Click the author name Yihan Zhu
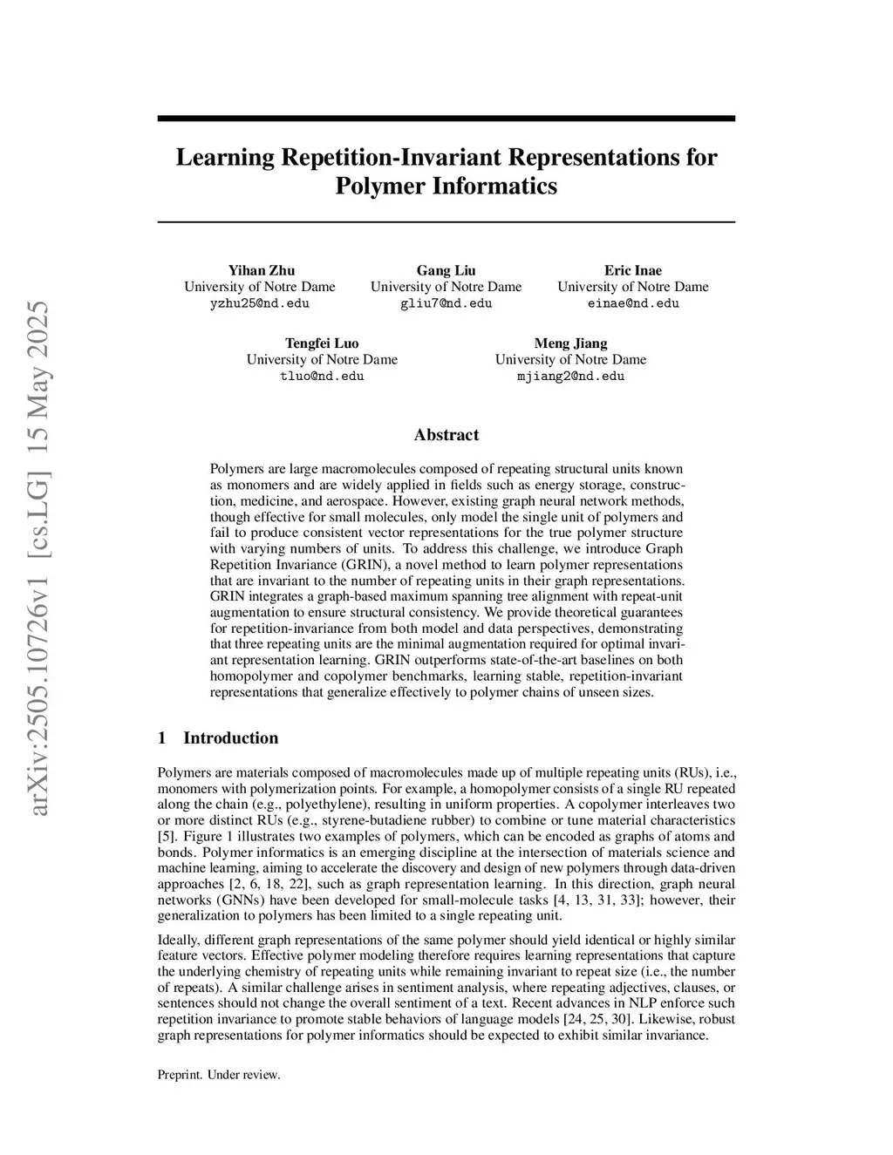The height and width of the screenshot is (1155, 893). (x=261, y=270)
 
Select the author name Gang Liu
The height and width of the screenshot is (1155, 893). (x=446, y=270)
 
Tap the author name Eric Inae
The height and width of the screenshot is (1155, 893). (x=633, y=270)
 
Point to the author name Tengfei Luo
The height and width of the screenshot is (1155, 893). (x=322, y=343)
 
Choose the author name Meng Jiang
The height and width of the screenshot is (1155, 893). (x=570, y=343)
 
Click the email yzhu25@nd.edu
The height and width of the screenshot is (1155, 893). (x=260, y=303)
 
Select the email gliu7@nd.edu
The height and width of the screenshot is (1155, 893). (x=446, y=303)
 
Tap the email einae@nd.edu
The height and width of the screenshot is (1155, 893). (x=633, y=303)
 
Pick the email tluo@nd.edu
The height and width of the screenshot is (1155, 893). (x=322, y=376)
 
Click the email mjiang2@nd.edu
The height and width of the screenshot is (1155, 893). (x=570, y=376)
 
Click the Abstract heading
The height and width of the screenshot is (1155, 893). (x=446, y=435)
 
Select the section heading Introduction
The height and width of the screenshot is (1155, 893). (x=230, y=738)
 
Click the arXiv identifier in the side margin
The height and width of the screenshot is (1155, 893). (x=39, y=558)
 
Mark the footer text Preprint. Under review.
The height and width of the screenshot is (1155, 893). (x=219, y=1075)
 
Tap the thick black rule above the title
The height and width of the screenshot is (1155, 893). (x=446, y=119)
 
